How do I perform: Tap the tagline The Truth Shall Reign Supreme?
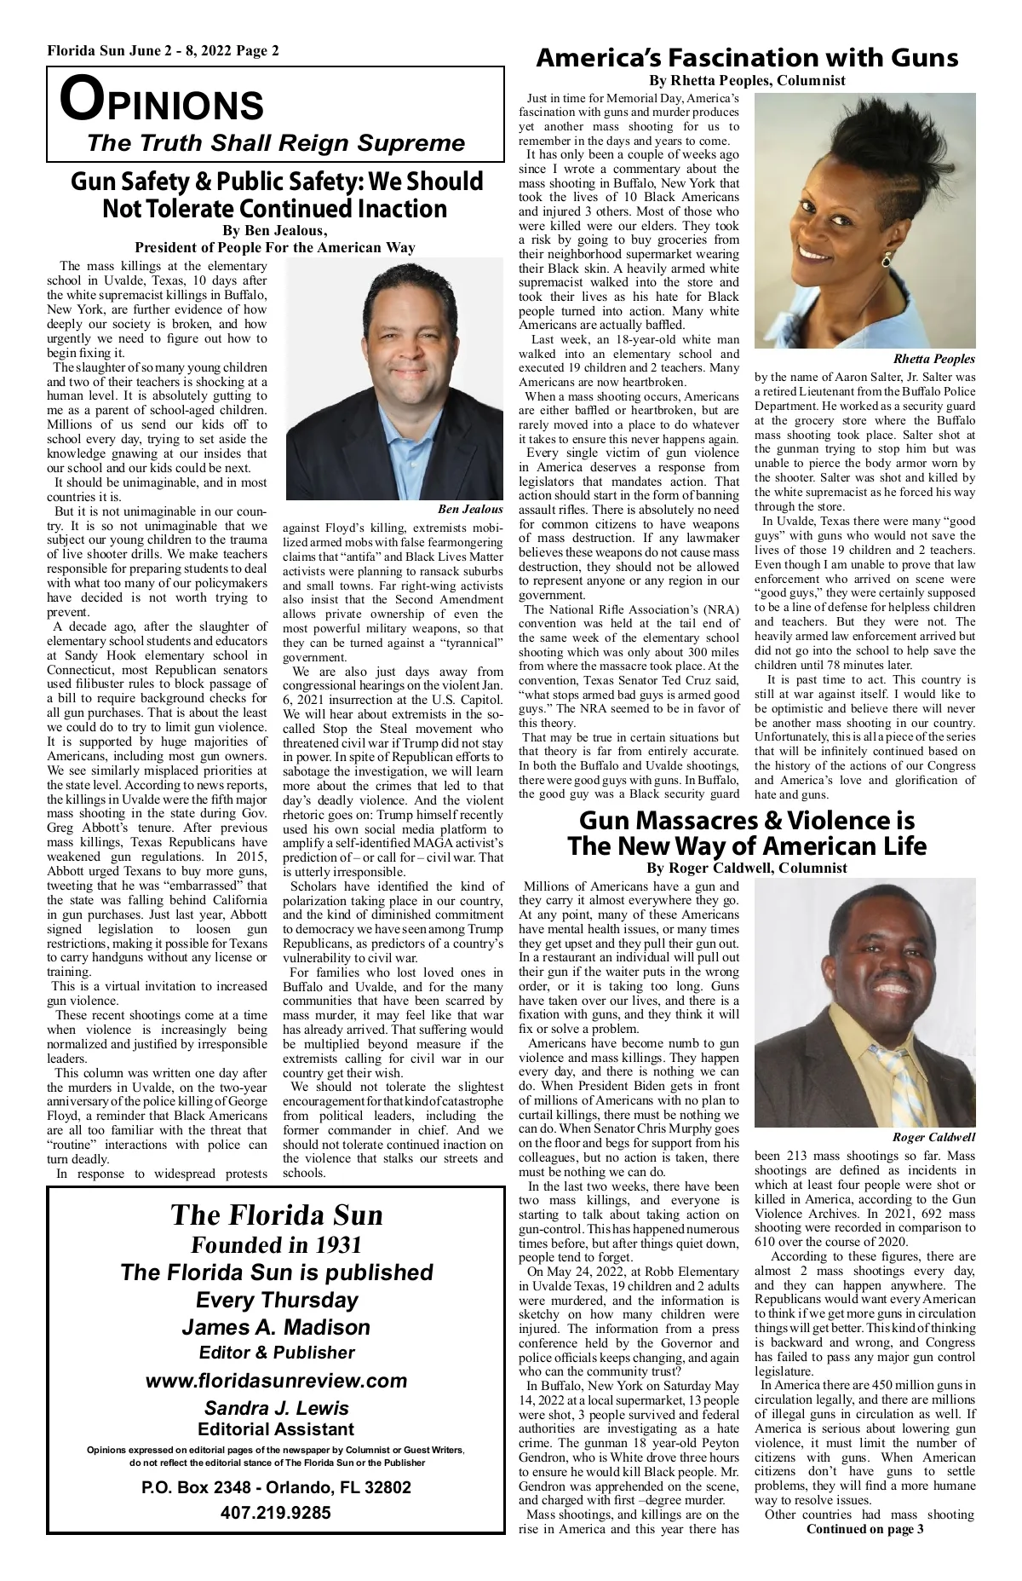pos(276,142)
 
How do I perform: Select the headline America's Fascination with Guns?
pos(747,58)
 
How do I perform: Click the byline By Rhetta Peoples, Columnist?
pos(747,80)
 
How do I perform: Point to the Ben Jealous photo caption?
pos(470,509)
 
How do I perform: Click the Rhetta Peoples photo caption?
pos(933,359)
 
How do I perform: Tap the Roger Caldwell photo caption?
pos(933,1138)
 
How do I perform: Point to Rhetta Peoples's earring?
pos(887,259)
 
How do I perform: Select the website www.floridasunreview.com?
pos(277,1380)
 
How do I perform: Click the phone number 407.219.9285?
pos(276,1513)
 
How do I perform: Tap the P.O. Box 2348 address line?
pos(276,1487)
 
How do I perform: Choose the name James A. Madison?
pos(276,1327)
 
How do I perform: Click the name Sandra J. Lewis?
pos(276,1408)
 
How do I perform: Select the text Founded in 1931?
pos(276,1244)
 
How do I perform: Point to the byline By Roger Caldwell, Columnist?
pos(747,868)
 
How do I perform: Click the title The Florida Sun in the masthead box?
pos(276,1215)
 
